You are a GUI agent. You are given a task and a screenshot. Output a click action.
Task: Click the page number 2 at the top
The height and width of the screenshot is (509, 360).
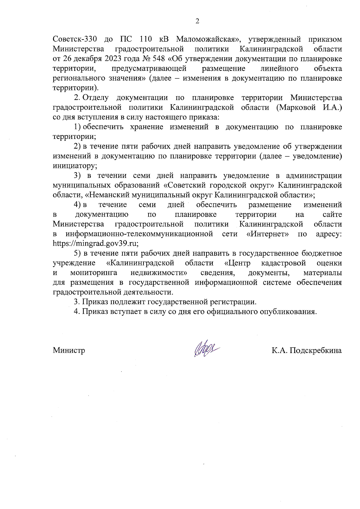197,21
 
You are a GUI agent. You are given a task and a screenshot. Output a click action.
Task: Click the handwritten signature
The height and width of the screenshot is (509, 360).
206,350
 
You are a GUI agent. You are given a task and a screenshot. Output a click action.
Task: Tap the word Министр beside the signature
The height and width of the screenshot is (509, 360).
69,350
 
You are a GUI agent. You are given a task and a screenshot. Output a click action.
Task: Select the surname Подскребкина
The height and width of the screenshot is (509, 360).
316,350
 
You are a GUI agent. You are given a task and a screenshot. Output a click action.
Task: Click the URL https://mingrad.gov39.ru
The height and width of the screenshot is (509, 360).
95,243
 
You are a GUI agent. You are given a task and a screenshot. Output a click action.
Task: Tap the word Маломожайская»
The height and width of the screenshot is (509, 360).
207,39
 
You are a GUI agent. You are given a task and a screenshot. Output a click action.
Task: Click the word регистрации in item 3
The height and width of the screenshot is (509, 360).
235,302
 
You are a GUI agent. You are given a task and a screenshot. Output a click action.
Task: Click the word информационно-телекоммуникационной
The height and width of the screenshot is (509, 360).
139,234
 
